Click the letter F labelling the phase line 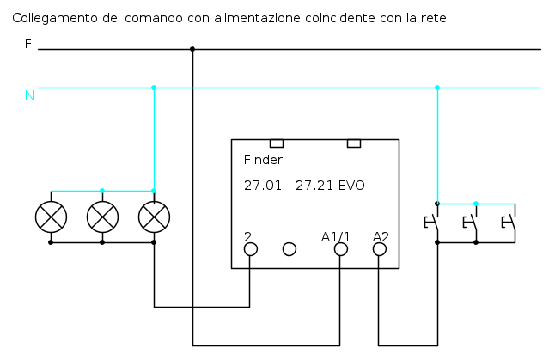(x=28, y=44)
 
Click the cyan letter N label (x=29, y=95)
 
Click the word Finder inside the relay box (x=263, y=160)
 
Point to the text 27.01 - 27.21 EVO (x=304, y=186)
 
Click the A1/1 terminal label (x=336, y=237)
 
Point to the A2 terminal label (x=381, y=237)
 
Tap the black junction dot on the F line (x=192, y=49)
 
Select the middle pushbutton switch (x=471, y=223)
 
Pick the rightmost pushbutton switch (x=509, y=223)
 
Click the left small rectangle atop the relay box (x=277, y=143)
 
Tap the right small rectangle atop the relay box (x=354, y=143)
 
